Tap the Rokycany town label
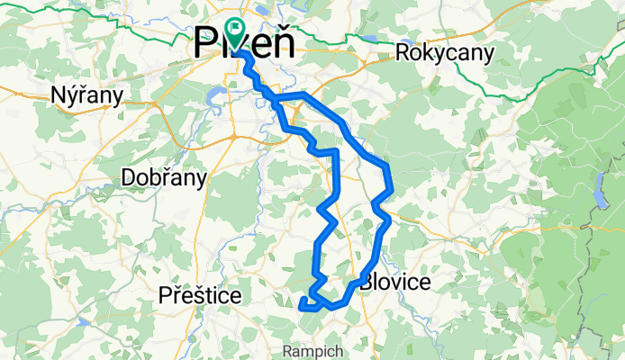pos(445,53)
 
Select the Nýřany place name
pos(86,94)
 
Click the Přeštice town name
pos(199,295)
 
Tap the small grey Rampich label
pos(309,348)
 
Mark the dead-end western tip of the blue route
pos(300,306)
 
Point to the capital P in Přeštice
pos(164,295)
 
